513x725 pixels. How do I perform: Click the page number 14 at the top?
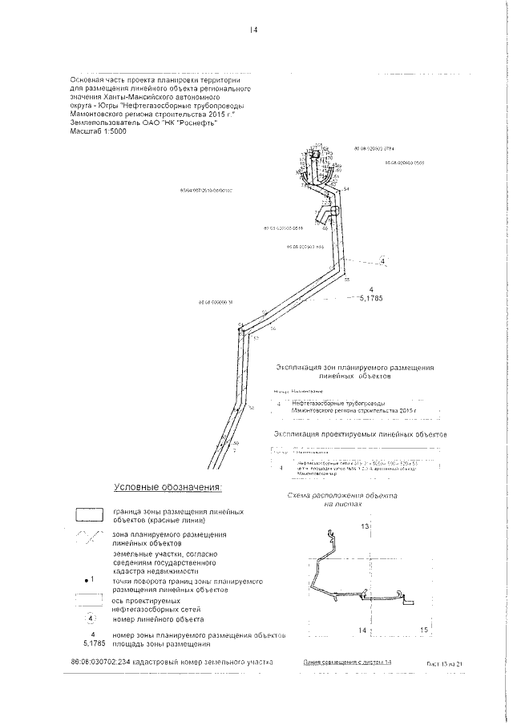point(252,30)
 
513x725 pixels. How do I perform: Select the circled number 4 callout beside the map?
point(382,261)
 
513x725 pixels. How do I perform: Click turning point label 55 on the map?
point(347,280)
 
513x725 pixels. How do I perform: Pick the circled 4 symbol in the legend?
point(90,619)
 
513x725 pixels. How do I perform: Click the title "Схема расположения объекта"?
point(349,497)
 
